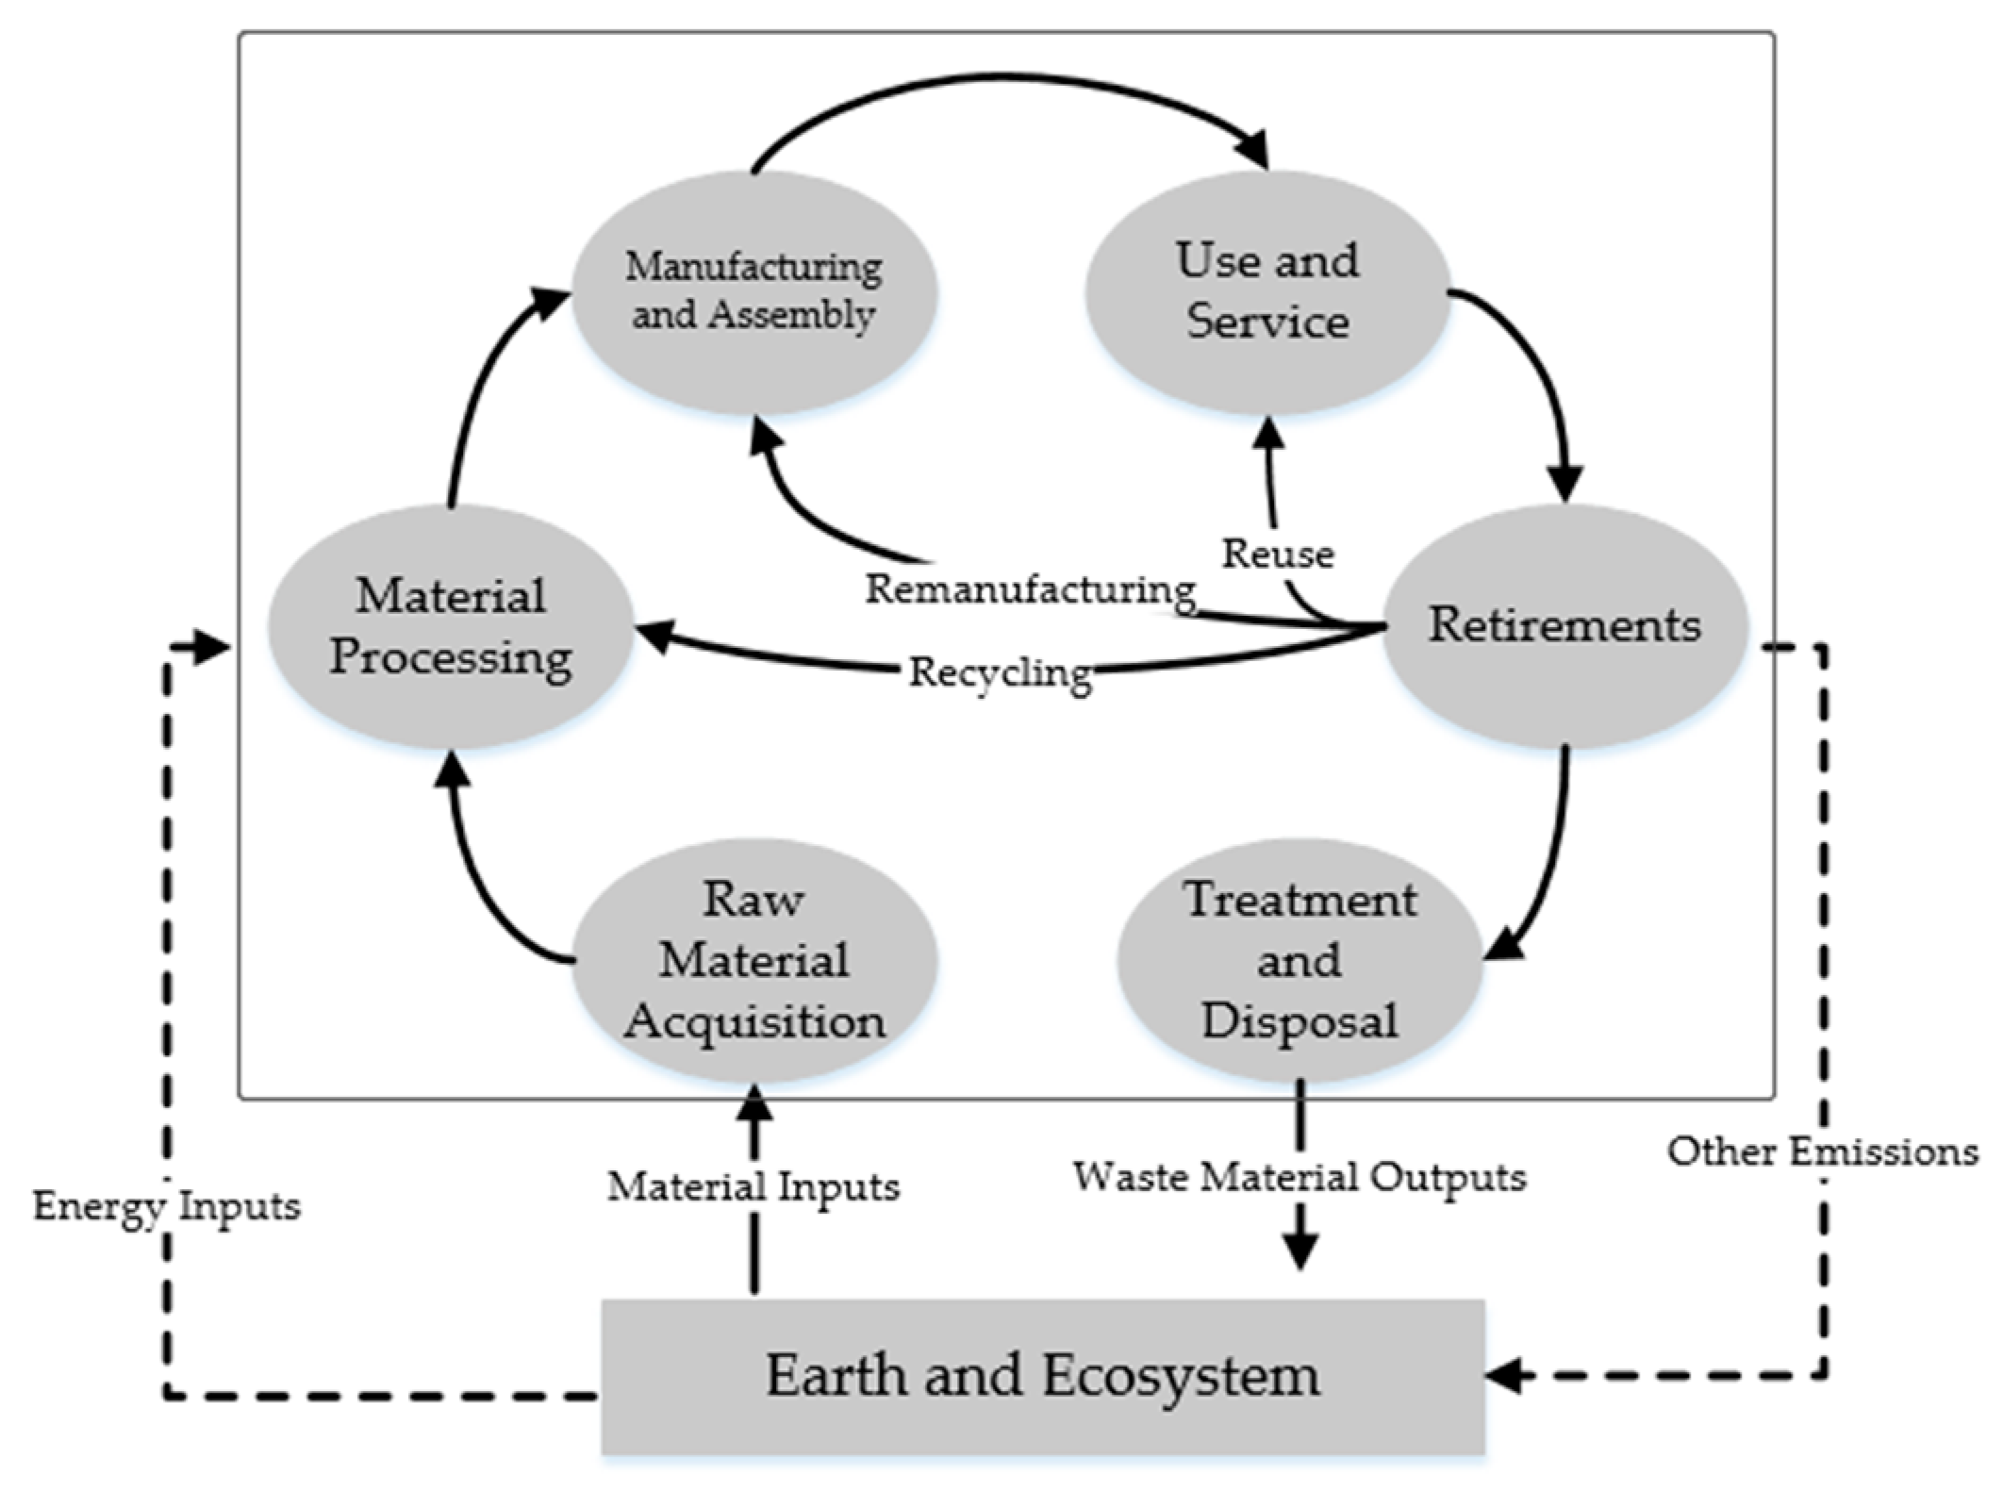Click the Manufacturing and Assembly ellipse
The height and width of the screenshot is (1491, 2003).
tap(753, 292)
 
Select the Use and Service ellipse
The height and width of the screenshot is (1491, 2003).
tap(1267, 292)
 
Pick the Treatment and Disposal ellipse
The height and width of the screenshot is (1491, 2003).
tap(1299, 960)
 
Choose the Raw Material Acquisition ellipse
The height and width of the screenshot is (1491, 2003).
tap(753, 960)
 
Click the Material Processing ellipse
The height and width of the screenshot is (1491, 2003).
tap(451, 627)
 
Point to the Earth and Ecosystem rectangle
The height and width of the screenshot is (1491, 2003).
tap(1042, 1376)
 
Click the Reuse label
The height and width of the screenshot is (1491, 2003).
tap(1278, 554)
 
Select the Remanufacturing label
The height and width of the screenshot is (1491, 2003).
tap(1031, 589)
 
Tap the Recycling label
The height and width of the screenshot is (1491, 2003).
tap(1000, 673)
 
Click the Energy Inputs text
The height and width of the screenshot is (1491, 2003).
tap(167, 1205)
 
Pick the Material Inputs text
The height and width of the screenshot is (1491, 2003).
tap(753, 1186)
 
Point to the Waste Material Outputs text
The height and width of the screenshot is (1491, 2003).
tap(1299, 1177)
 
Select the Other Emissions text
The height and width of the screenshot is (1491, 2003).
tap(1822, 1151)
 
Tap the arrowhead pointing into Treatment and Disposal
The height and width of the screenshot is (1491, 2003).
tap(1503, 943)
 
